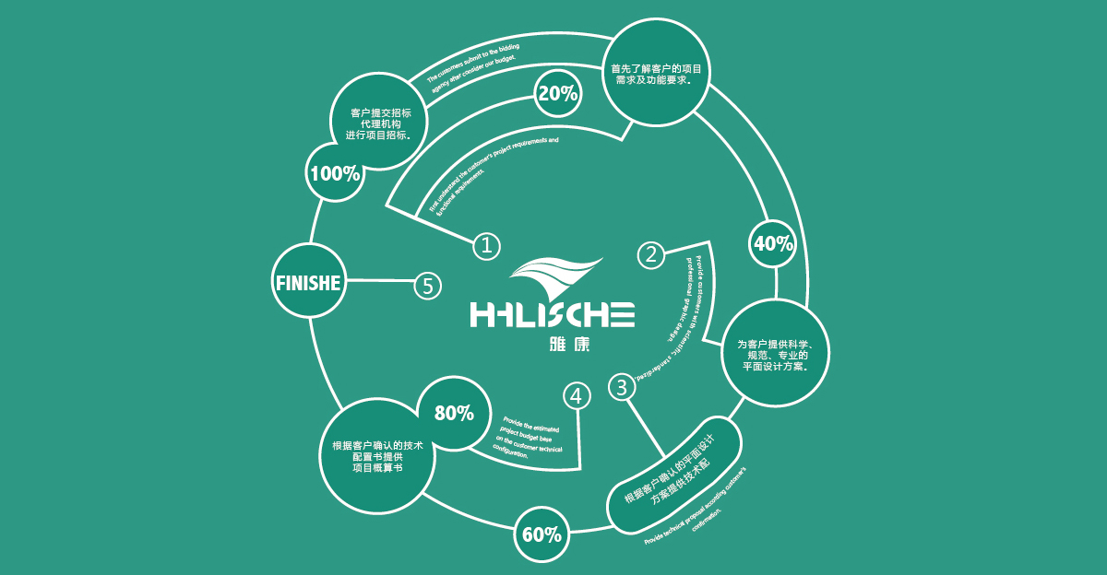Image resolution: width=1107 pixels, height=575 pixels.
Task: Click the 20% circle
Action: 557,93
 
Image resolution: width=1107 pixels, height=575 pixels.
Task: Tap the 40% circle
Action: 774,243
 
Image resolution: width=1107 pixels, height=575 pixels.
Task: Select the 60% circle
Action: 542,534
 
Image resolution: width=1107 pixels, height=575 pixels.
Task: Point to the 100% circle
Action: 335,172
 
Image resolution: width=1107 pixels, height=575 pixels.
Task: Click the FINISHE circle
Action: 309,283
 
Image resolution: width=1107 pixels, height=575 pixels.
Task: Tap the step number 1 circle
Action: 486,245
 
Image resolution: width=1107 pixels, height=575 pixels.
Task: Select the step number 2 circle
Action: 652,254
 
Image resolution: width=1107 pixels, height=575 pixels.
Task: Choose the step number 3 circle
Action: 622,387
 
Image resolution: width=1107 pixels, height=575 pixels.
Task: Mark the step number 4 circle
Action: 577,396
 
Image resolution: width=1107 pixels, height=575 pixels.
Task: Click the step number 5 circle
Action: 426,286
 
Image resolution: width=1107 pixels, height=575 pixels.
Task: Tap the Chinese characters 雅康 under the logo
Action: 553,347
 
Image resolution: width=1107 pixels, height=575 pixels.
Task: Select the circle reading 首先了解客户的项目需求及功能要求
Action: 658,74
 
